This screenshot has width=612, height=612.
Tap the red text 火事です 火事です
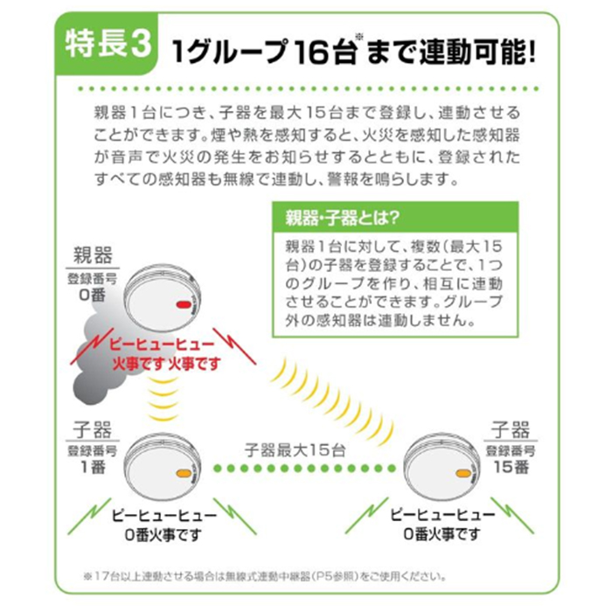tap(166, 362)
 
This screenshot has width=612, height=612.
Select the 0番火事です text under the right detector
tap(442, 532)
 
